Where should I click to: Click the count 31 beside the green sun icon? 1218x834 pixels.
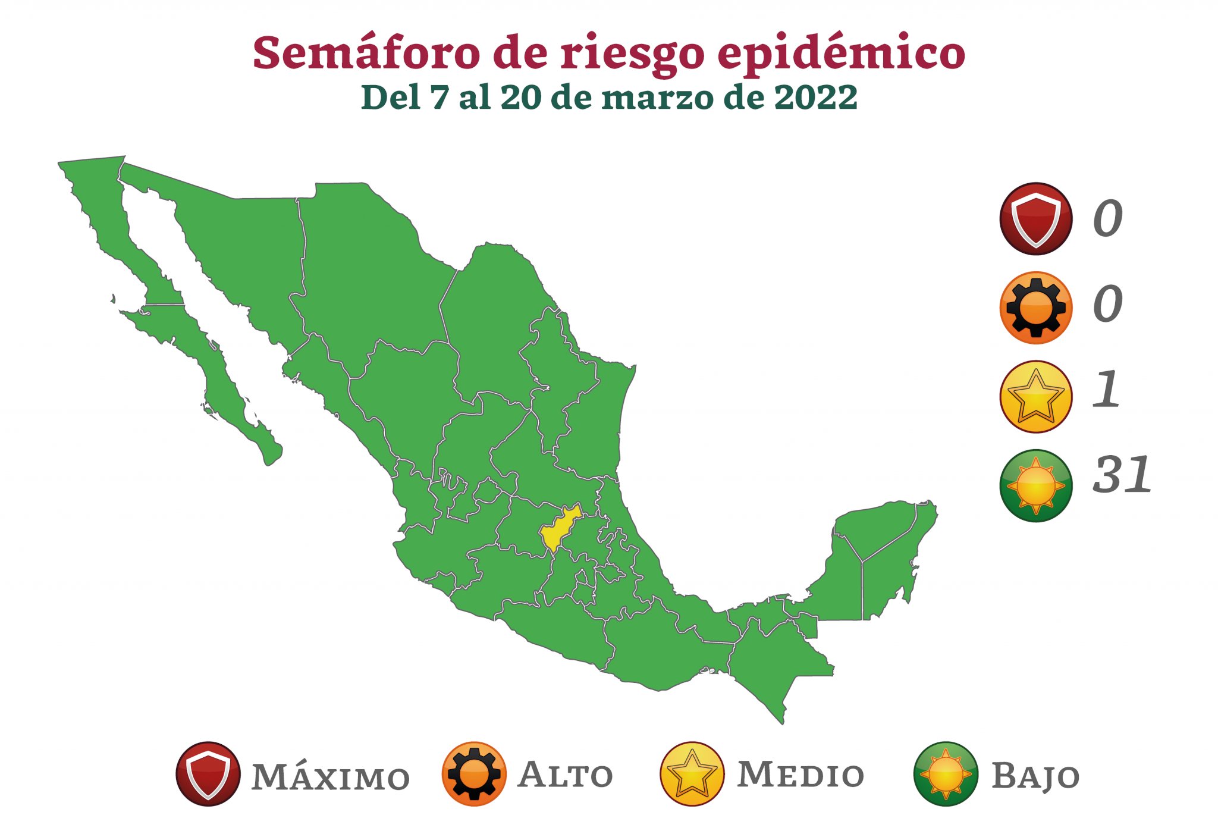(x=1122, y=475)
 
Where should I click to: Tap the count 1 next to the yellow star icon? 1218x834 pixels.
(x=1107, y=390)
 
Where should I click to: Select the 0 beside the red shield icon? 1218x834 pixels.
(x=1107, y=219)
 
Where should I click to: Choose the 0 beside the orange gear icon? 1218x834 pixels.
(x=1107, y=304)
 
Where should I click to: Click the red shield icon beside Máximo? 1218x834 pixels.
(x=208, y=774)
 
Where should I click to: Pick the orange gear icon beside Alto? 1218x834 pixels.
(x=474, y=774)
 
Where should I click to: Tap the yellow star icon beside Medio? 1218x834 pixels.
(x=692, y=774)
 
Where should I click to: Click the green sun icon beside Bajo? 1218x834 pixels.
(x=946, y=774)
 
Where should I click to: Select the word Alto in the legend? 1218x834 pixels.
(x=565, y=775)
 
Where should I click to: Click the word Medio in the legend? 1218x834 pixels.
(x=801, y=775)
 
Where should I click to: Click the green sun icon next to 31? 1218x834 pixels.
(x=1036, y=485)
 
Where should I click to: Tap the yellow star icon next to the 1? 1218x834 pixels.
(x=1036, y=397)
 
